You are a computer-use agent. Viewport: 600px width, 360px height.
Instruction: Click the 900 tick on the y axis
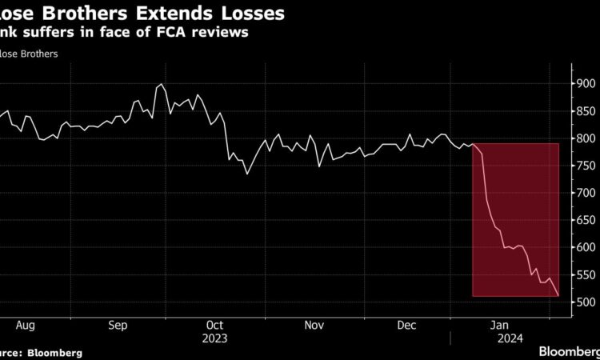pos(585,83)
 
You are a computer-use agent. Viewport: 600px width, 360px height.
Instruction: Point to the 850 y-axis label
pos(585,110)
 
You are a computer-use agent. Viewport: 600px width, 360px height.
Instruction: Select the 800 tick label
pos(585,138)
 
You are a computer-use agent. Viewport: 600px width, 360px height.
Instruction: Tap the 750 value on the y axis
pos(585,166)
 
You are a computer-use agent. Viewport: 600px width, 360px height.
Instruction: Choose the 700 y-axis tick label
pos(585,193)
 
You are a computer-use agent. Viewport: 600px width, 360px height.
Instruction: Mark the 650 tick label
pos(585,220)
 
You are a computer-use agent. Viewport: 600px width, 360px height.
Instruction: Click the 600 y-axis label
pos(585,247)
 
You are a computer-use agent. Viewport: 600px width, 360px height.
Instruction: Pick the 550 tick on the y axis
pos(585,274)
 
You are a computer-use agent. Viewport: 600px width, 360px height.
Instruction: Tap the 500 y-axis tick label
pos(585,302)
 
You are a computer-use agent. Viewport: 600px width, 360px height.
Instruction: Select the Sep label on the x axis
pos(118,326)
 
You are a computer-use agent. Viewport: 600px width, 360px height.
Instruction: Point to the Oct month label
pos(215,326)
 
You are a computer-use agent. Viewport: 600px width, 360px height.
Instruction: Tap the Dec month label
pos(407,326)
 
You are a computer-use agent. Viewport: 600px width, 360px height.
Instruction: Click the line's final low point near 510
pos(558,296)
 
